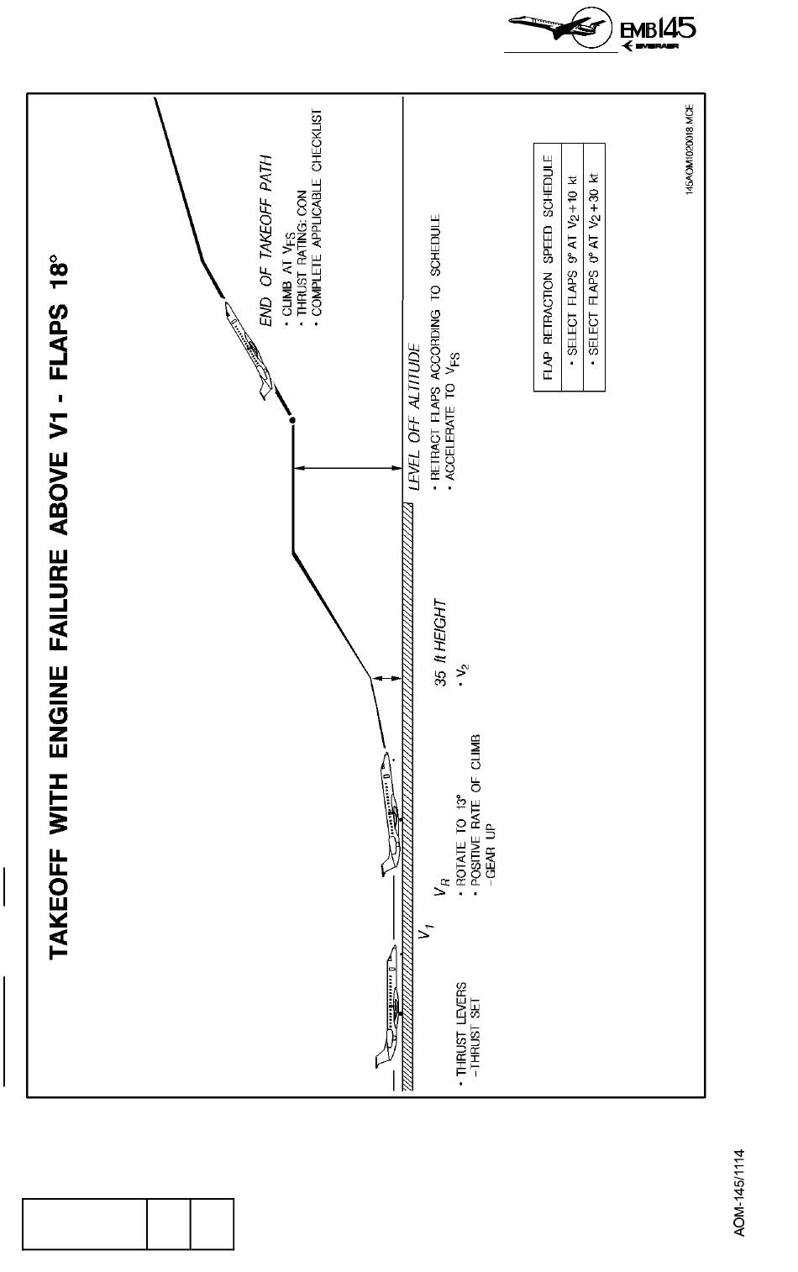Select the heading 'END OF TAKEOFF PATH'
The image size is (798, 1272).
266,240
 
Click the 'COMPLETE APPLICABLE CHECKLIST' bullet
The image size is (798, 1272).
316,215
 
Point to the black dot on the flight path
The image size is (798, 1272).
292,419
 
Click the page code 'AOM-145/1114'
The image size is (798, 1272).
739,1192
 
